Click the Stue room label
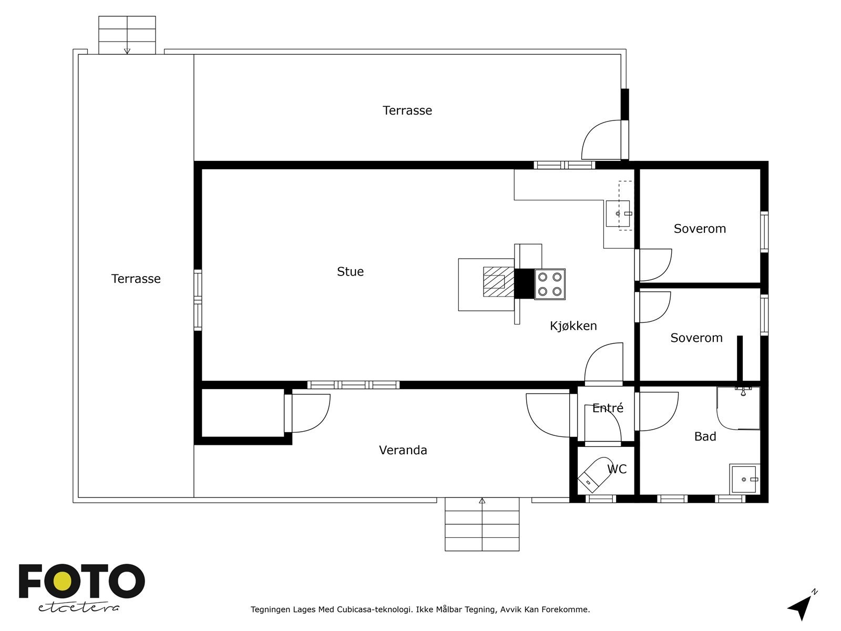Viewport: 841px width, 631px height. click(x=350, y=272)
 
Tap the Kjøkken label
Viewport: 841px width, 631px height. click(x=573, y=326)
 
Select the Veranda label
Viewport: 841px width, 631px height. click(x=403, y=450)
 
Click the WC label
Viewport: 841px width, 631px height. click(x=617, y=469)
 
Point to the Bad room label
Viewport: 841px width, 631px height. click(x=705, y=436)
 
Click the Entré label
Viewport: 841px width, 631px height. click(x=608, y=408)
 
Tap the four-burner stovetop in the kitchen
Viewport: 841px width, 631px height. click(x=550, y=284)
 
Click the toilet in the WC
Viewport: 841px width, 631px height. click(x=594, y=474)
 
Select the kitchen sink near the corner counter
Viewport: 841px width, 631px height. click(x=618, y=213)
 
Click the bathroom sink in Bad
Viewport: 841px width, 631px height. click(x=744, y=479)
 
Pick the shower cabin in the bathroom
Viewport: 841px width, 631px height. click(x=739, y=408)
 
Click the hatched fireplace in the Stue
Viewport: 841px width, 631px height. click(x=498, y=282)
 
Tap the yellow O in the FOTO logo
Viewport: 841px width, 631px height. click(x=62, y=582)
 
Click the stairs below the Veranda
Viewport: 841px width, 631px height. click(x=482, y=524)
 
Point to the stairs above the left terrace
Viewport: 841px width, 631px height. click(x=127, y=35)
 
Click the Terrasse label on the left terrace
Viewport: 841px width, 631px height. click(x=136, y=279)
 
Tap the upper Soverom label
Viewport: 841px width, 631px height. click(x=700, y=229)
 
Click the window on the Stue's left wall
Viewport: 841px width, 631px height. click(x=198, y=300)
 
